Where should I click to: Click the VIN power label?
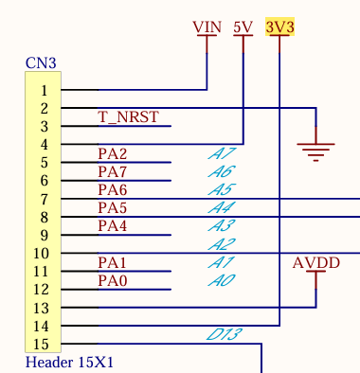207,27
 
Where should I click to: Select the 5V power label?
243,27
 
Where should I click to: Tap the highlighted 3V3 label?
280,27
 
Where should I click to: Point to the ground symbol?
315,147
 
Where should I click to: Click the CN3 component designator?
41,63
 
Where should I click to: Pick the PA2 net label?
112,153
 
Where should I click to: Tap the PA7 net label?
112,171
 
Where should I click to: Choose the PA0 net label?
112,280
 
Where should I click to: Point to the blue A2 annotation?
221,244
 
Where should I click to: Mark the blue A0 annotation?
221,280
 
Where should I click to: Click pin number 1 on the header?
43,91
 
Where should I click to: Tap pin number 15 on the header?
40,345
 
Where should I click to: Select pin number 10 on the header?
40,254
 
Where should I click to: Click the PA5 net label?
112,207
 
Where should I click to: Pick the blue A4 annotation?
221,207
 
